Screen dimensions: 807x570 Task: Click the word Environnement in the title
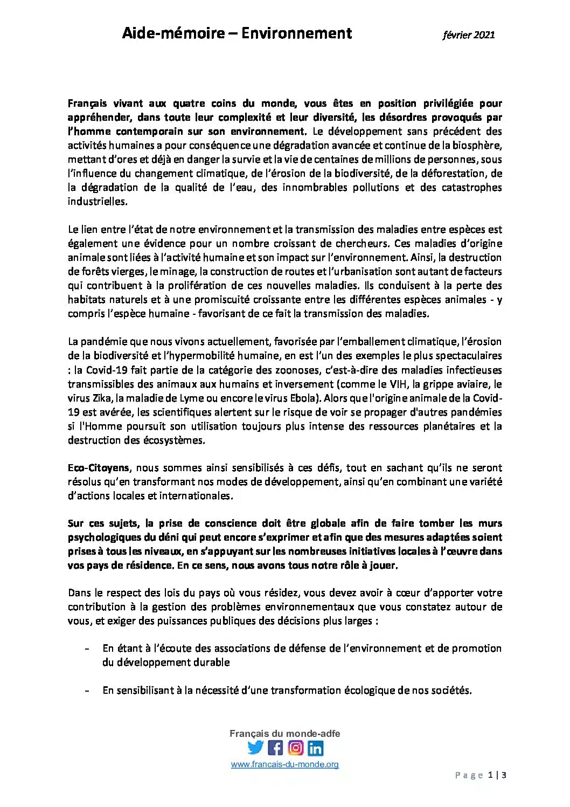[296, 33]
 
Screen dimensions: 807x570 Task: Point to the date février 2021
[468, 35]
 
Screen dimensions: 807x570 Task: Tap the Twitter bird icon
[255, 748]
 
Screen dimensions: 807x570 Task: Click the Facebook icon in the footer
[275, 748]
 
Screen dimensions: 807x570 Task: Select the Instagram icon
[295, 748]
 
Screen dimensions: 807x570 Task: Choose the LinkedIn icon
[315, 748]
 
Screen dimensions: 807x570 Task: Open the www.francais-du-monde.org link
[285, 764]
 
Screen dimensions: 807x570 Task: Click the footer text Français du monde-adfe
[285, 734]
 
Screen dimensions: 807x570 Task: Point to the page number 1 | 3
[497, 776]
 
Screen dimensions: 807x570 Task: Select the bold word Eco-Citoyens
[98, 468]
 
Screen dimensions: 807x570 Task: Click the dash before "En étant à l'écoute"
[87, 649]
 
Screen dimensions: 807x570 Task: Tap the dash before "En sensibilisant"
[87, 691]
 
